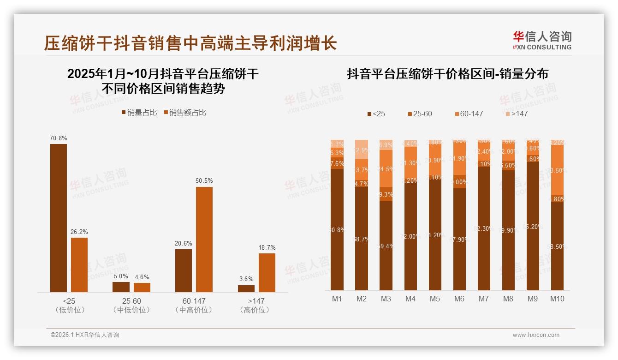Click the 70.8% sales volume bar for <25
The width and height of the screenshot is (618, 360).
pyautogui.click(x=59, y=218)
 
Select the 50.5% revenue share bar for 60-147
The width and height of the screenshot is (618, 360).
pyautogui.click(x=204, y=239)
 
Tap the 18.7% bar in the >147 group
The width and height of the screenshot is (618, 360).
pyautogui.click(x=267, y=272)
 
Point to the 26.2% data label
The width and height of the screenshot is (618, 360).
pyautogui.click(x=79, y=232)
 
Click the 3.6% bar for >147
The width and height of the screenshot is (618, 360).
pyautogui.click(x=246, y=288)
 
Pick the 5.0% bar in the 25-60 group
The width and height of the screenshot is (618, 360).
pyautogui.click(x=121, y=287)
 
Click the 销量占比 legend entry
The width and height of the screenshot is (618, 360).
pyautogui.click(x=139, y=113)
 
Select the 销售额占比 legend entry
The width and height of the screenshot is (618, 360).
pyautogui.click(x=185, y=113)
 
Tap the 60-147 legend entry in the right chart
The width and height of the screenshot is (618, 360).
pyautogui.click(x=469, y=114)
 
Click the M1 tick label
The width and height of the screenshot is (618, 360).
pyautogui.click(x=337, y=299)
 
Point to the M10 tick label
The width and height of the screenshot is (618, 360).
pyautogui.click(x=557, y=299)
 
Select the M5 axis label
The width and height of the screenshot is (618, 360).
pyautogui.click(x=435, y=299)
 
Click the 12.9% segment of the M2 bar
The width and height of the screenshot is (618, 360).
pyautogui.click(x=362, y=150)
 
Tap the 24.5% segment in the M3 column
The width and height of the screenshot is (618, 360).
pyautogui.click(x=386, y=168)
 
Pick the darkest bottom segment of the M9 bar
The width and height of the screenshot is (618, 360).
pyautogui.click(x=533, y=226)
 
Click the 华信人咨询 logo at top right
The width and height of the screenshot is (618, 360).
pyautogui.click(x=542, y=40)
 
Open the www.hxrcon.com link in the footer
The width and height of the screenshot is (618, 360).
pyautogui.click(x=536, y=335)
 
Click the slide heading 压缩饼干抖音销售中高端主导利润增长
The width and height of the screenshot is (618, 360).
pyautogui.click(x=190, y=43)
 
